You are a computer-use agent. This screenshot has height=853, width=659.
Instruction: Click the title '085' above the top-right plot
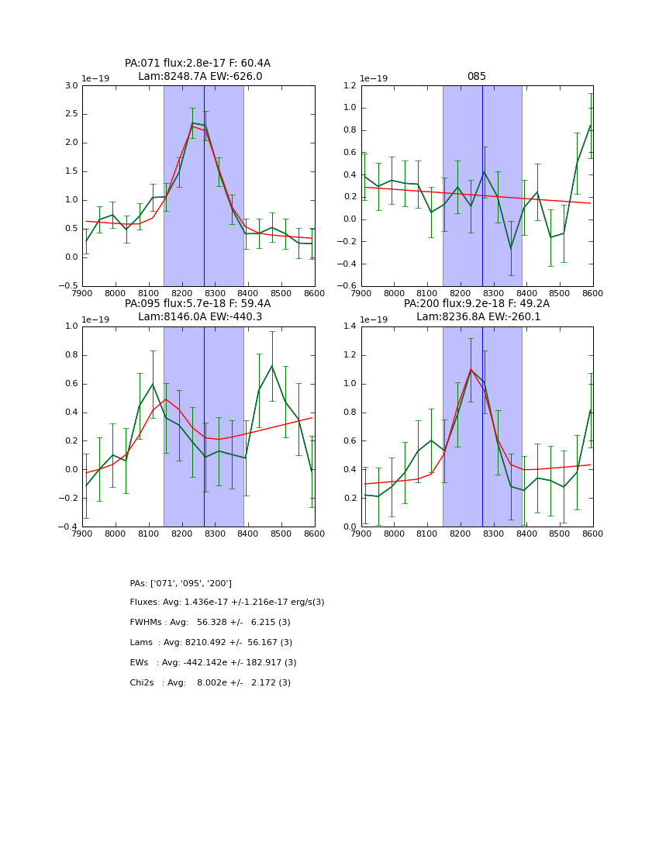coord(476,77)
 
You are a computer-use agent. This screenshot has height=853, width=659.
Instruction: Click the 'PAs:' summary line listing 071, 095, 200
coord(181,583)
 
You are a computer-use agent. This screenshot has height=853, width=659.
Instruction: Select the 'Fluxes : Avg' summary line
coord(227,603)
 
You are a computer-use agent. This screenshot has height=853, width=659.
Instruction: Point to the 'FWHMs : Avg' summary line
coord(210,623)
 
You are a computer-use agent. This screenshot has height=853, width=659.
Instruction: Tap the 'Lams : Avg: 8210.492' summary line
coord(211,643)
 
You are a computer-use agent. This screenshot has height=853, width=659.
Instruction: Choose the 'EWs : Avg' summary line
coord(213,663)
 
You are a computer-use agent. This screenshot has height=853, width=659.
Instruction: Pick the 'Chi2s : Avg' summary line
coord(210,683)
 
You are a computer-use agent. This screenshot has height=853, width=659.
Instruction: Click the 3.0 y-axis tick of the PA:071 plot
coord(71,85)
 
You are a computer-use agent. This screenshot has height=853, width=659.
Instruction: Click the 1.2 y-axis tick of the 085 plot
coord(350,85)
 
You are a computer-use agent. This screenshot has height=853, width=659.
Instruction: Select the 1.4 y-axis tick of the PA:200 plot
coord(350,326)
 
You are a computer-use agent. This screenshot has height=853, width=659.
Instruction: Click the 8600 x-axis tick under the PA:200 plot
coord(593,534)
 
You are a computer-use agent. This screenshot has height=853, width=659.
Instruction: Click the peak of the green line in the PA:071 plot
coord(192,123)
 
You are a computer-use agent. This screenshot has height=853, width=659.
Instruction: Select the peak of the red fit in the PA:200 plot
coord(471,369)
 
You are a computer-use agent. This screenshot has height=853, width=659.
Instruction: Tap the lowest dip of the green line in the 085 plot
coord(511,249)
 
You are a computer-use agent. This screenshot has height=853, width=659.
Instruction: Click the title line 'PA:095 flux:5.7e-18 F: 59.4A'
coord(198,304)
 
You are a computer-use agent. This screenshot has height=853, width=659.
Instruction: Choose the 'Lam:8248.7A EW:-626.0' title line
coord(200,77)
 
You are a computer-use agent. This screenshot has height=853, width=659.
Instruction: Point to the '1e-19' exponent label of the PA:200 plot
coord(375,319)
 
